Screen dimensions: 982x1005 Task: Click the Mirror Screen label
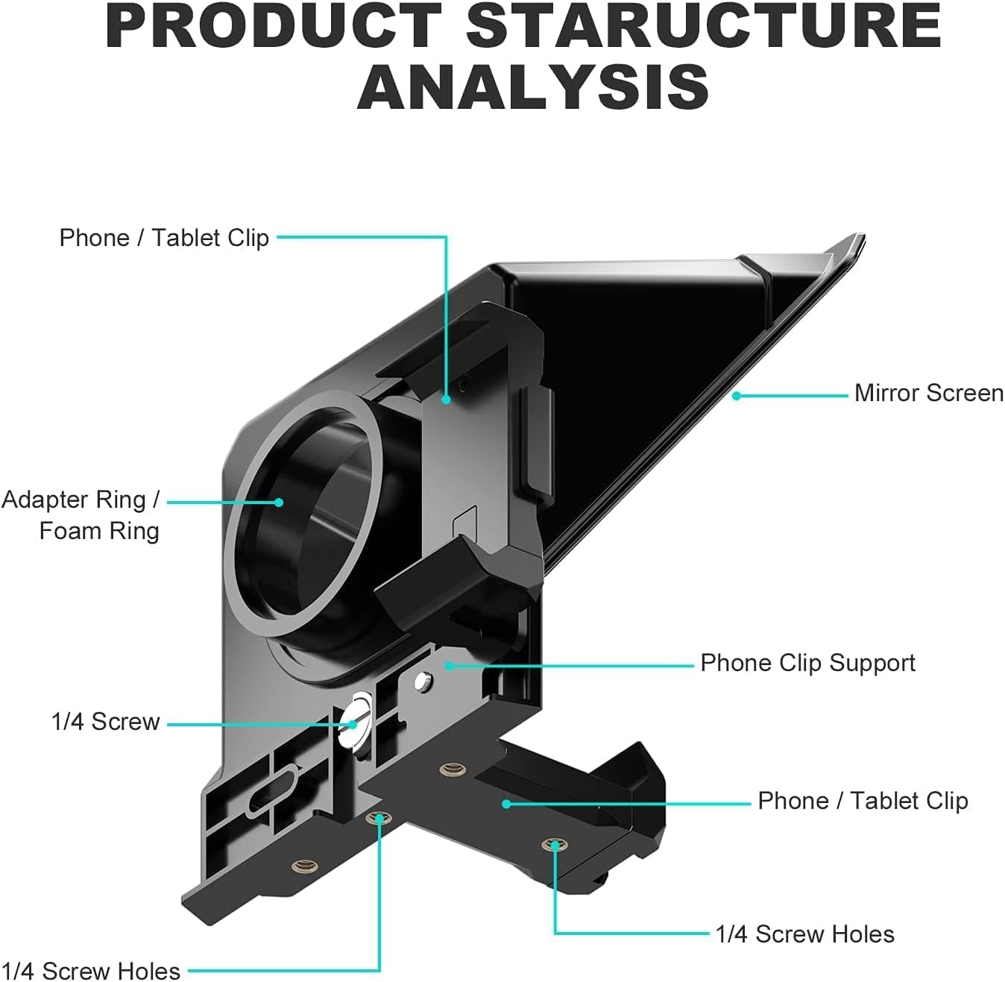point(928,393)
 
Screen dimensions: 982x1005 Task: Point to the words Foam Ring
point(99,531)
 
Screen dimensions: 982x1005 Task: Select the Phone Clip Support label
point(807,663)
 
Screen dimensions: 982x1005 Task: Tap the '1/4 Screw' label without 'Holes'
point(105,722)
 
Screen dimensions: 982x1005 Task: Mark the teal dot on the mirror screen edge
point(736,396)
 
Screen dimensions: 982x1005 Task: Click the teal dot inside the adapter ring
point(279,502)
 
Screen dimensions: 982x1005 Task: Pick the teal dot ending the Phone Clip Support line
point(449,665)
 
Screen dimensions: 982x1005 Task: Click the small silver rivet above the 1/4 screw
point(423,679)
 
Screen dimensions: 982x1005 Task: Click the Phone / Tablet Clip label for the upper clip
point(164,238)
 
